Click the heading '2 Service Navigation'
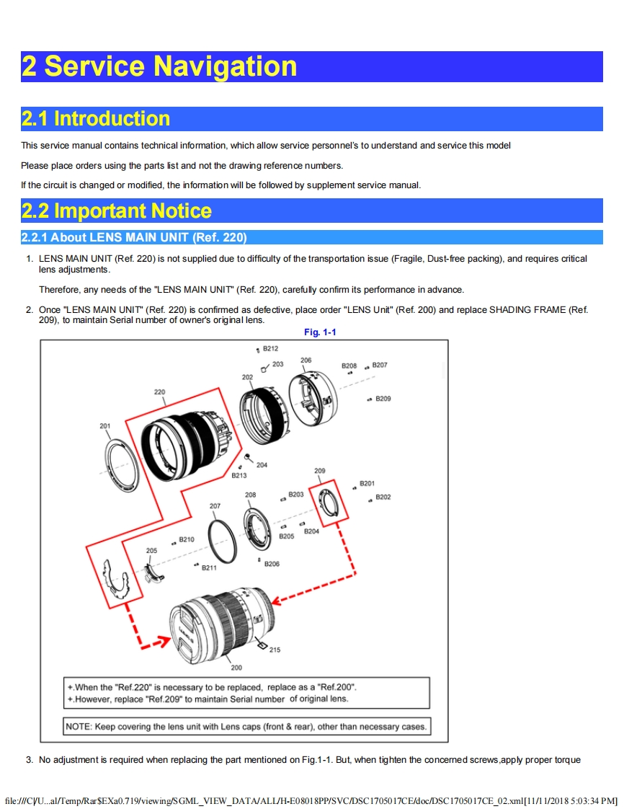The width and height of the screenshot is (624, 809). point(159,66)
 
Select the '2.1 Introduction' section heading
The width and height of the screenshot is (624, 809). point(96,119)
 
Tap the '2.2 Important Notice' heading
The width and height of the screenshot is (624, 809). point(117,211)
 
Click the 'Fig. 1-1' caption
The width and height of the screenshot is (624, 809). point(320,332)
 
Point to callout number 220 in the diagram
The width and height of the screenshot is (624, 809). point(159,392)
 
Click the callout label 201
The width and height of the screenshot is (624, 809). point(105,426)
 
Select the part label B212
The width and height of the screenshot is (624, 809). point(270,348)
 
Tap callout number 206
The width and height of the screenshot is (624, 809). point(306,360)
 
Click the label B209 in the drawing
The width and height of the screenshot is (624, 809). point(383,399)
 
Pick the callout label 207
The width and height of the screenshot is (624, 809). point(215,506)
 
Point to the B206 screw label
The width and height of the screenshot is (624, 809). point(272,564)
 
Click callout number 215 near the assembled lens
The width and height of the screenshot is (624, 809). point(275,650)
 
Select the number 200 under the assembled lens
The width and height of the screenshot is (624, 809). point(236,668)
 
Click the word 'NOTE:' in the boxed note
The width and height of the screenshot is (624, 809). point(79,726)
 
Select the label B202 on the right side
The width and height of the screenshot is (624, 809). point(383,497)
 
